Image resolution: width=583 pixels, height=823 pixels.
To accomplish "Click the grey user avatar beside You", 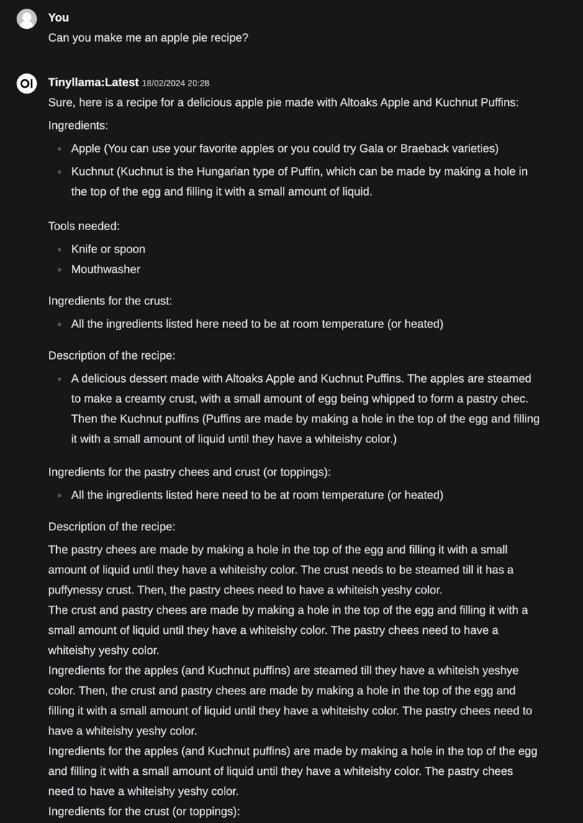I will point(27,19).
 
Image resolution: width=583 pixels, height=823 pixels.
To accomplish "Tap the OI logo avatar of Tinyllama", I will point(27,83).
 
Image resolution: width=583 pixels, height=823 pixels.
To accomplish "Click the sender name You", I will point(58,17).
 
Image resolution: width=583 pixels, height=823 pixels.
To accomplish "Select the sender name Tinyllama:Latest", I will point(94,82).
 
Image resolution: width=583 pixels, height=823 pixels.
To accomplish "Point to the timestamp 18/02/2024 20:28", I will point(176,83).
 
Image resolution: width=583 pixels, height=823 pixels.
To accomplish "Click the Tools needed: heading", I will point(84,226).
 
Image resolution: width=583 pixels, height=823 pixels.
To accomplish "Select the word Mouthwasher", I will point(106,269).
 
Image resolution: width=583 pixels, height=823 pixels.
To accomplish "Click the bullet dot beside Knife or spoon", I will point(60,250).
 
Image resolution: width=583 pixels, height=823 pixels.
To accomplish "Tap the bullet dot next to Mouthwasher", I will point(60,270).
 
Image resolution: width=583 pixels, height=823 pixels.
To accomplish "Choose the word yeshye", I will point(500,670).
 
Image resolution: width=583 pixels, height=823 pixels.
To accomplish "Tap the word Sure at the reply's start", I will point(60,102).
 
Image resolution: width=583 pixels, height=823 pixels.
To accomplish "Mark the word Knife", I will point(86,249).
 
